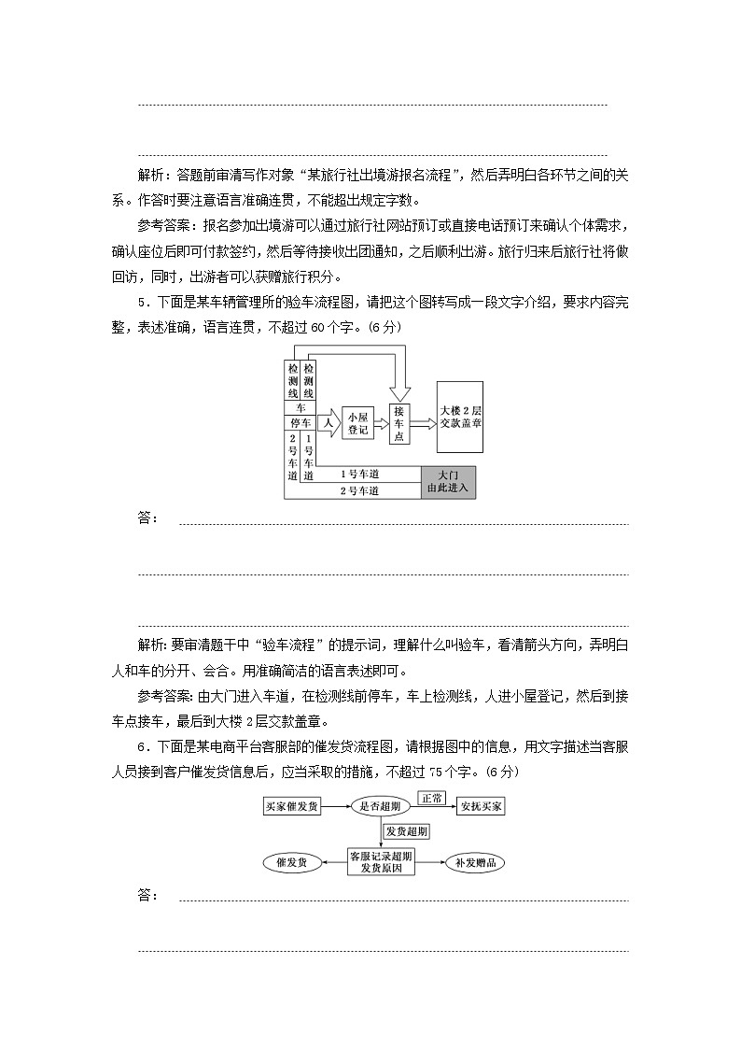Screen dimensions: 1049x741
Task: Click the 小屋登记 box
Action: pos(357,423)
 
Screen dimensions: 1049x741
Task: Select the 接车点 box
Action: pos(399,423)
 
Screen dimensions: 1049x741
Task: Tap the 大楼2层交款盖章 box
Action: pos(460,417)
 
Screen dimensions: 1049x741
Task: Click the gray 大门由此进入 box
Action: pos(448,481)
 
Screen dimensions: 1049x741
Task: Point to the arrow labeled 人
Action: pos(329,423)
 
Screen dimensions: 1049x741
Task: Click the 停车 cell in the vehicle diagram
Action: pos(301,423)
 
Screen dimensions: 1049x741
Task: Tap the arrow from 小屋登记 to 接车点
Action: pos(381,423)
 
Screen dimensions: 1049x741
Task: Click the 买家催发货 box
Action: pos(292,805)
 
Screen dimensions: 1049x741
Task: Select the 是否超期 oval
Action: pos(382,805)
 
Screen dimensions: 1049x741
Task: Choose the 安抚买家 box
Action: pos(481,805)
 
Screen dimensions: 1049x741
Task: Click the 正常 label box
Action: pos(431,798)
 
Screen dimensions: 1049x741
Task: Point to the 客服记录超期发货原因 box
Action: pos(381,862)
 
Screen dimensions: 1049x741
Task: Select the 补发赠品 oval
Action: pos(475,862)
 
